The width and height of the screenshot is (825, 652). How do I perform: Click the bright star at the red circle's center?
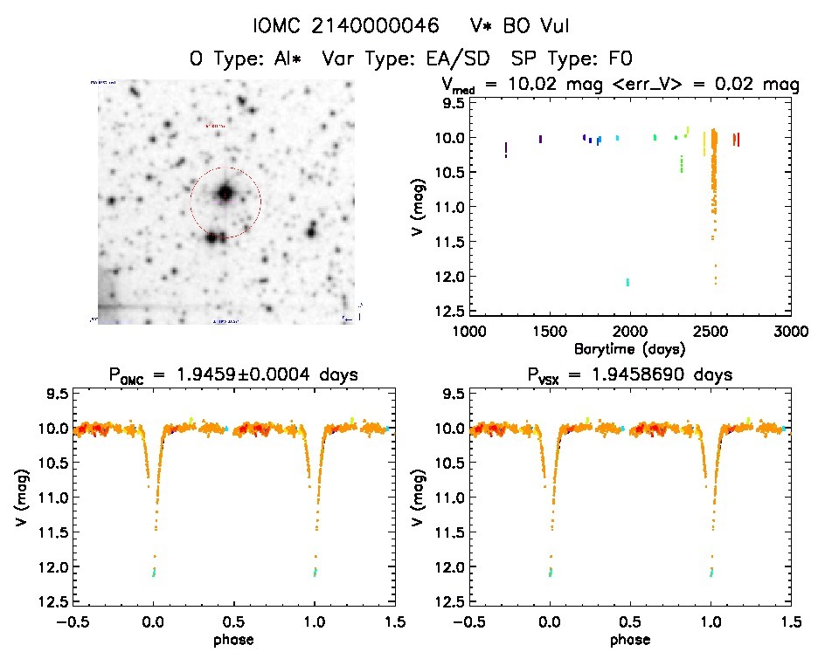[225, 193]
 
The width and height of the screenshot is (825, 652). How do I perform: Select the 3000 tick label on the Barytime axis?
[790, 331]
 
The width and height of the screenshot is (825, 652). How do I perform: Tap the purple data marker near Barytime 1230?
[506, 150]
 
